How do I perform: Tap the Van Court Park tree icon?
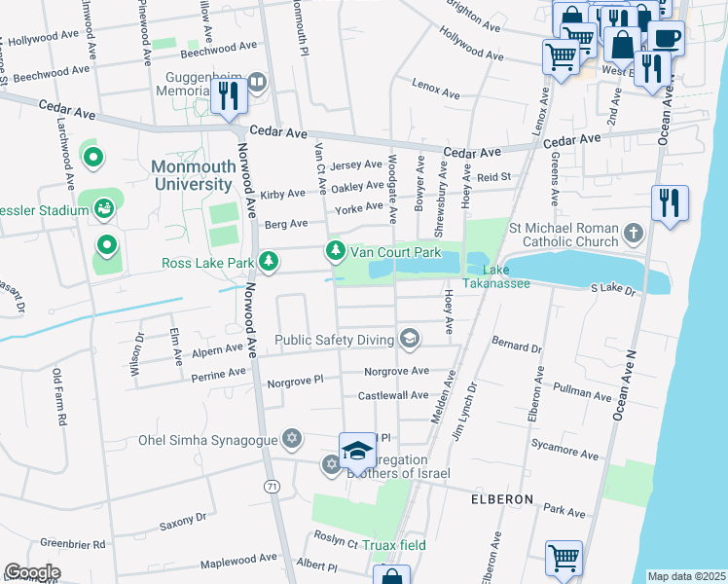pos(336,252)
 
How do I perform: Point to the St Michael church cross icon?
pos(634,233)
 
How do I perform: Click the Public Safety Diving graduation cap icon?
pos(410,339)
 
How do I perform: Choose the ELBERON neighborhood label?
pos(502,499)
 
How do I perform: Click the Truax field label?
pos(393,545)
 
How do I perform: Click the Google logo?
pos(32,572)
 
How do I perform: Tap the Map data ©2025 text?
pos(686,576)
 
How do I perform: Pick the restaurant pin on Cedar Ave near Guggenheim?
pos(229,96)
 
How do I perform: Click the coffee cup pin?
pos(667,40)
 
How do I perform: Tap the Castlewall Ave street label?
pos(393,396)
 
